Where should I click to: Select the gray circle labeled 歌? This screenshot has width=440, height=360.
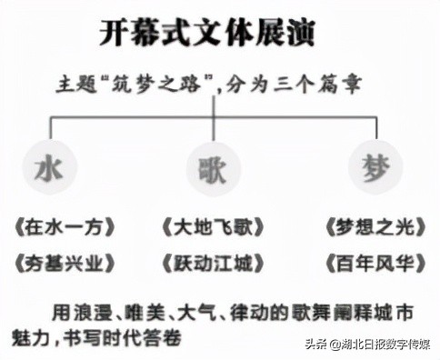tap(213, 169)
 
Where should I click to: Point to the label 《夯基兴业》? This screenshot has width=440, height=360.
tap(59, 264)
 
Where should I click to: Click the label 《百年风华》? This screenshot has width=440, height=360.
tap(374, 264)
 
